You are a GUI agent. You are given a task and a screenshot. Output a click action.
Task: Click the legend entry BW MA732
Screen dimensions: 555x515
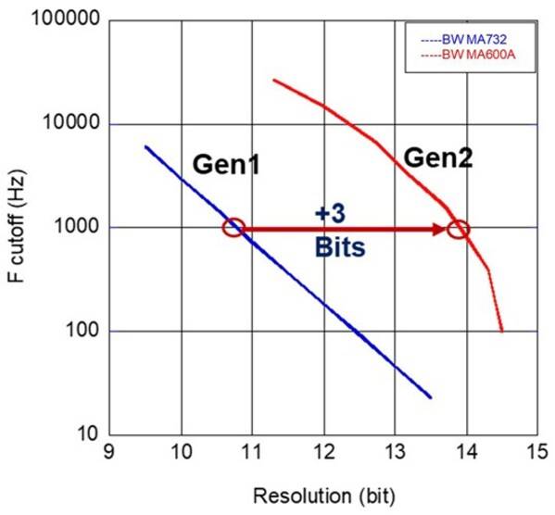point(464,40)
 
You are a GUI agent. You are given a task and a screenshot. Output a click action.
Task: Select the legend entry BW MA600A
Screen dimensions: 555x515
point(468,55)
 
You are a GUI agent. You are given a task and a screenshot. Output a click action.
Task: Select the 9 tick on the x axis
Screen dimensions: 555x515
point(109,452)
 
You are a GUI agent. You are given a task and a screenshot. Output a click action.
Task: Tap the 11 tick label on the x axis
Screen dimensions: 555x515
point(251,452)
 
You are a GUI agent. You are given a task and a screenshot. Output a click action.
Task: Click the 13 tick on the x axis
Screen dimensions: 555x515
point(395,452)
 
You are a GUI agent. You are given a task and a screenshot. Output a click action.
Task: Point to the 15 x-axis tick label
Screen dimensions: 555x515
point(537,452)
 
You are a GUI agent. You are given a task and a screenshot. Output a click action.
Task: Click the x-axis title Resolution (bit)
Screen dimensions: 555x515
point(324,496)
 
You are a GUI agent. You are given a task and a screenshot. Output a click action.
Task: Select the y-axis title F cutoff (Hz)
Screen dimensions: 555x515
point(17,227)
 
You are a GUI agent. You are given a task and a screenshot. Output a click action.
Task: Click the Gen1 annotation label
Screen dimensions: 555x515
point(226,165)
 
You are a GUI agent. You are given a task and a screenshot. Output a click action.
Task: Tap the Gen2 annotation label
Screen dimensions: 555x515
point(438,157)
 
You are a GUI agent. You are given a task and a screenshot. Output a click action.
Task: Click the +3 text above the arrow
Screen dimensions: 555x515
point(330,214)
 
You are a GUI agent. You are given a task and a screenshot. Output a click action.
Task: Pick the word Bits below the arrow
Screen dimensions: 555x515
point(340,246)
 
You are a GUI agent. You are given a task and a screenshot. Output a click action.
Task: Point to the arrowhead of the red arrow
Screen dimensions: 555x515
point(440,230)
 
